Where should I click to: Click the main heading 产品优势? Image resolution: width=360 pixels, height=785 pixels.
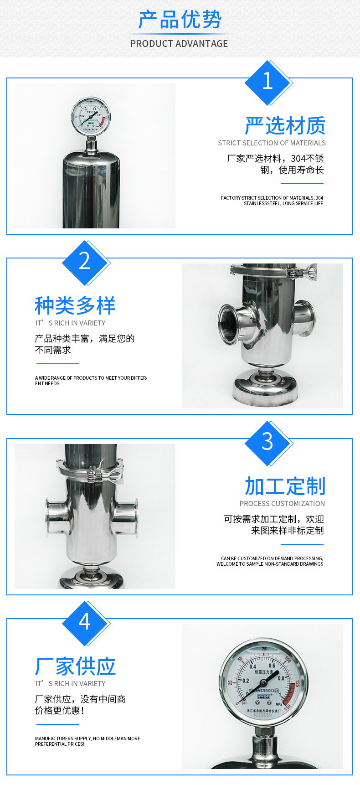coord(180,20)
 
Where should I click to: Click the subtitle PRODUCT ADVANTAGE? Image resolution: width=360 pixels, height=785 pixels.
coord(179,44)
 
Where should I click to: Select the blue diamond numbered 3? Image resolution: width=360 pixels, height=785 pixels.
coord(267,443)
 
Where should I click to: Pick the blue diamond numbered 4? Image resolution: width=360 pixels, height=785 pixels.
coord(85,623)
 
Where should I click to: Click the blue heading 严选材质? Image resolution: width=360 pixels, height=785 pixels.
coord(285,126)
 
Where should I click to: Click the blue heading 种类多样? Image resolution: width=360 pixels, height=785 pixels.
coord(75,305)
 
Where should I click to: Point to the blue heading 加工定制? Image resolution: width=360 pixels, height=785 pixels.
coord(285,486)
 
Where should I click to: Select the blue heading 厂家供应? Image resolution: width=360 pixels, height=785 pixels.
coord(75,666)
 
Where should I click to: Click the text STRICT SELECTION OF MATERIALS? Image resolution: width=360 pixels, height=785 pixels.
coord(272,143)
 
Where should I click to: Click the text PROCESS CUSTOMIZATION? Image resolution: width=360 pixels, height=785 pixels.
coord(282,504)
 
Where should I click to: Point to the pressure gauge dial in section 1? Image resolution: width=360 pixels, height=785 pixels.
coord(91,117)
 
